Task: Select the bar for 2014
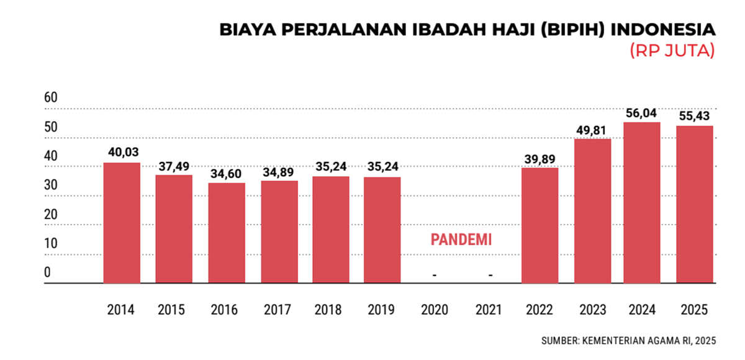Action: point(122,223)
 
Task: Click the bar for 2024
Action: point(642,202)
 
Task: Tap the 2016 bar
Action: point(227,233)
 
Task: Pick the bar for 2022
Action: point(540,225)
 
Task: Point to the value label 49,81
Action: point(592,130)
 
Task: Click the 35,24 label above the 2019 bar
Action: point(382,167)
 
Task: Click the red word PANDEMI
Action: point(461,240)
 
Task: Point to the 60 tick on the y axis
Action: point(51,97)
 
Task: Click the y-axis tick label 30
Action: point(51,185)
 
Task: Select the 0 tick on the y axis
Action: point(48,272)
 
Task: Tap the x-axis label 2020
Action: point(434,310)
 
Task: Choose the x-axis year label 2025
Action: point(694,310)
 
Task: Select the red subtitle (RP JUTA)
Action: point(672,51)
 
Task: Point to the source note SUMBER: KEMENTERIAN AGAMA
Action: point(628,340)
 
